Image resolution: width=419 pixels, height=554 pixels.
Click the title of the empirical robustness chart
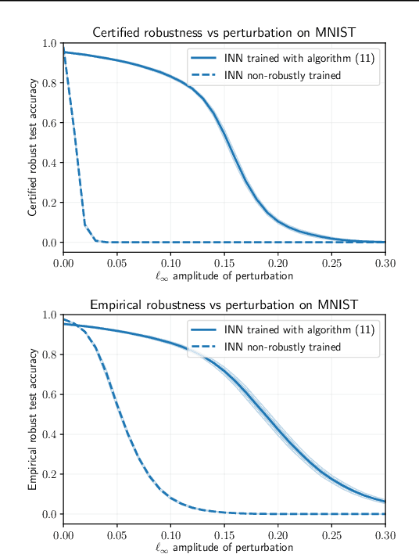click(223, 304)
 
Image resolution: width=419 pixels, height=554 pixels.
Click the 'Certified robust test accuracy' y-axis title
click(32, 148)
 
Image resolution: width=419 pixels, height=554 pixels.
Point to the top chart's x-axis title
click(223, 275)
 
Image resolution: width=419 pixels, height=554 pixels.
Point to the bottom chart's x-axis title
click(223, 547)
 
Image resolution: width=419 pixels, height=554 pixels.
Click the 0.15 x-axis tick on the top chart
click(224, 263)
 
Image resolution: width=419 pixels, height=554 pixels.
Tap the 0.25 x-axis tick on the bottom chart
click(331, 534)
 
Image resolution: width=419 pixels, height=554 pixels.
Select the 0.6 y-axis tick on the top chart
click(49, 123)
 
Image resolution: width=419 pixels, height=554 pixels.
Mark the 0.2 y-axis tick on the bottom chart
click(49, 474)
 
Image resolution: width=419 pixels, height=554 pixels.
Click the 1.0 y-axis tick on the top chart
click(49, 43)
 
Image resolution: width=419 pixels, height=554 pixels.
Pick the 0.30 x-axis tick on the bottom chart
click(383, 534)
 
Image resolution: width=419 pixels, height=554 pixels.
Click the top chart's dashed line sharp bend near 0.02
click(84, 226)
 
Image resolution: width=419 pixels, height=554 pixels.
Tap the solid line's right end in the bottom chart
click(385, 502)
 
